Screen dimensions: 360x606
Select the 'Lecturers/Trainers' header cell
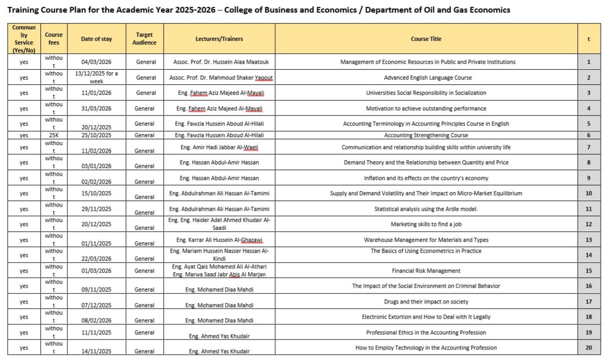[x=219, y=39]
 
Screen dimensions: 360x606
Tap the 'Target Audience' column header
[x=144, y=39]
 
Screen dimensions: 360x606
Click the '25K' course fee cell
[x=54, y=135]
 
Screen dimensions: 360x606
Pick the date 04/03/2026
[x=97, y=62]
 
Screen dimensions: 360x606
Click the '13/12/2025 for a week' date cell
[x=97, y=77]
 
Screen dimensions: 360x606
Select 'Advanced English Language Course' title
[x=428, y=77]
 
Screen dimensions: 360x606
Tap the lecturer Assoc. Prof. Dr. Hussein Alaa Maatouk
[x=221, y=62]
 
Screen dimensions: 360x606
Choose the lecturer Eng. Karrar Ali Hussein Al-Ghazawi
[x=219, y=240]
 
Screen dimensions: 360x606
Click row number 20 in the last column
[x=589, y=347]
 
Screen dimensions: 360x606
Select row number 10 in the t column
[x=589, y=193]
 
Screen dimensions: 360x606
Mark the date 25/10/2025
[x=97, y=135]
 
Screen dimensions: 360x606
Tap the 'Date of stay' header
[x=97, y=39]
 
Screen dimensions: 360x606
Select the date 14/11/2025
[x=97, y=351]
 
